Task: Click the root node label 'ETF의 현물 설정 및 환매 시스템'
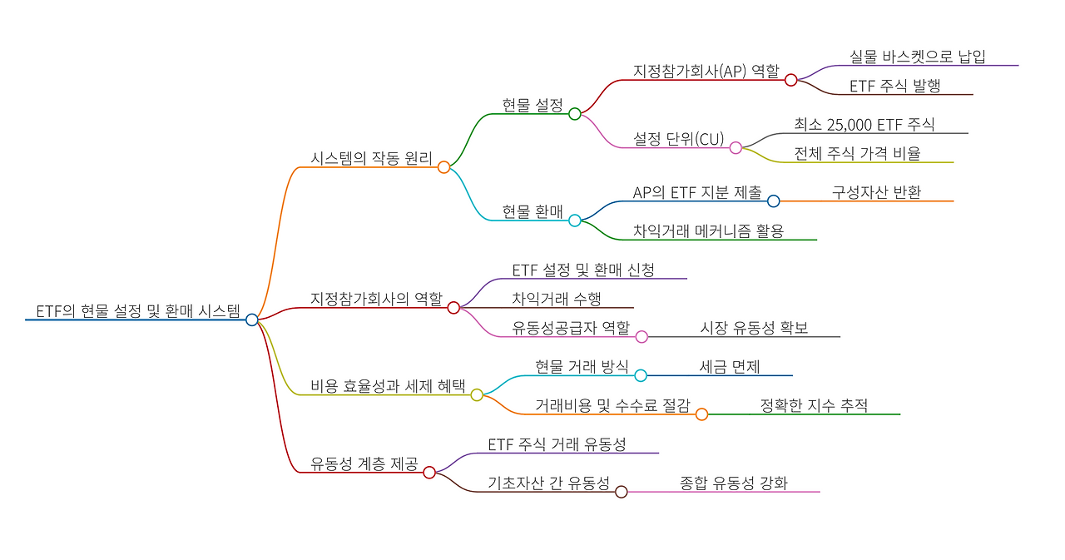pyautogui.click(x=137, y=312)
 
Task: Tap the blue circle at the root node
pyautogui.click(x=252, y=320)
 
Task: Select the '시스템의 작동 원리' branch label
pyautogui.click(x=371, y=159)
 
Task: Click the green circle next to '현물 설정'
pyautogui.click(x=575, y=114)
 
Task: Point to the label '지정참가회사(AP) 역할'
pyautogui.click(x=706, y=72)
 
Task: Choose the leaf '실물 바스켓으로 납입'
pyautogui.click(x=917, y=57)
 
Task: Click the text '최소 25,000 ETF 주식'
pyautogui.click(x=864, y=125)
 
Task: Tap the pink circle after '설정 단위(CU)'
pyautogui.click(x=736, y=147)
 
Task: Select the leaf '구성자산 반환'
pyautogui.click(x=876, y=192)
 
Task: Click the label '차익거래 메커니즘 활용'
pyautogui.click(x=708, y=231)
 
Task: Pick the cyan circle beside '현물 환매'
pyautogui.click(x=575, y=221)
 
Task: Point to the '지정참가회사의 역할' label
pyautogui.click(x=376, y=299)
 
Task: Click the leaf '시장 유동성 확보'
pyautogui.click(x=754, y=328)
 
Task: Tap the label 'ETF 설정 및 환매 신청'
pyautogui.click(x=583, y=270)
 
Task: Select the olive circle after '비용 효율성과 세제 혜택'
pyautogui.click(x=477, y=395)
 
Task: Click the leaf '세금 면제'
pyautogui.click(x=730, y=367)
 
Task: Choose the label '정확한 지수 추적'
pyautogui.click(x=813, y=406)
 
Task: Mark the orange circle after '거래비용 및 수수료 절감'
pyautogui.click(x=701, y=414)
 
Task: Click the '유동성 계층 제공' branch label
pyautogui.click(x=364, y=463)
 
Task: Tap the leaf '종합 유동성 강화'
pyautogui.click(x=733, y=483)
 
